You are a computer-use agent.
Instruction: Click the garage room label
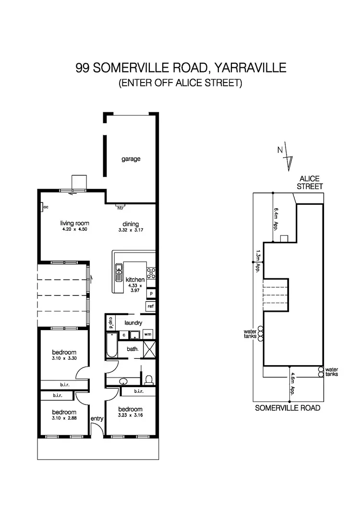click(131, 159)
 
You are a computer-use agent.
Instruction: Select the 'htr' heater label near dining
click(120, 208)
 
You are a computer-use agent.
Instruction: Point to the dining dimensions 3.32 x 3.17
click(130, 230)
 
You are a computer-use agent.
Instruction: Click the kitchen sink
click(118, 273)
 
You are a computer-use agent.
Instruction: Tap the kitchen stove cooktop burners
click(151, 273)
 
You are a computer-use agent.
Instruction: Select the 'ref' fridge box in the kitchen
click(150, 306)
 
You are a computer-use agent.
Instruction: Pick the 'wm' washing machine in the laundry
click(148, 334)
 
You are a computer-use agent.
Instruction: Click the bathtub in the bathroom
click(111, 345)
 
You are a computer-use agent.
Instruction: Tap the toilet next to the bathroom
click(148, 379)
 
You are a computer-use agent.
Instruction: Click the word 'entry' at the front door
click(97, 418)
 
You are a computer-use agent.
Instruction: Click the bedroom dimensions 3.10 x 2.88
click(64, 418)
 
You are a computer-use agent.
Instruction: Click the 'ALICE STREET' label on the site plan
click(310, 183)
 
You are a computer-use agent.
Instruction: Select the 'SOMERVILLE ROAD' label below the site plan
click(288, 408)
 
